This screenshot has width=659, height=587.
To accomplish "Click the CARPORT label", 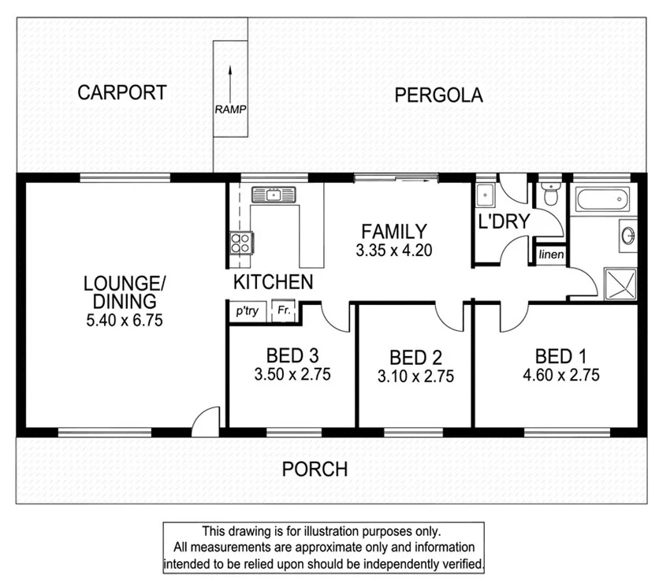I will (x=121, y=92).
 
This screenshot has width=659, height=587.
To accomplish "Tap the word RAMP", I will (x=229, y=110).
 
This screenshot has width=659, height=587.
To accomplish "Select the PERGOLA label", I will (x=438, y=96).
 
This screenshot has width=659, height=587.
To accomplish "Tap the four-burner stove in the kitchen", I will (x=240, y=241).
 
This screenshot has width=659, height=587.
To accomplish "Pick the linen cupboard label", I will (x=550, y=254).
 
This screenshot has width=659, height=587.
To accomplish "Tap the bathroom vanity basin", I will (x=627, y=236).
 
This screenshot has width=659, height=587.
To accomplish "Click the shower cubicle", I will (x=620, y=283).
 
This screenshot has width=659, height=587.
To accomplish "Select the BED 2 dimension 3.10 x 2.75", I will (x=415, y=377).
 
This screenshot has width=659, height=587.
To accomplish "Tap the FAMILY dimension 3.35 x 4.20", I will (x=393, y=251).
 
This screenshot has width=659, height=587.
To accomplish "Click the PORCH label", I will (x=315, y=470).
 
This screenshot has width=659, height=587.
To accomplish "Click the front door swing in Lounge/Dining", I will (x=205, y=418).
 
